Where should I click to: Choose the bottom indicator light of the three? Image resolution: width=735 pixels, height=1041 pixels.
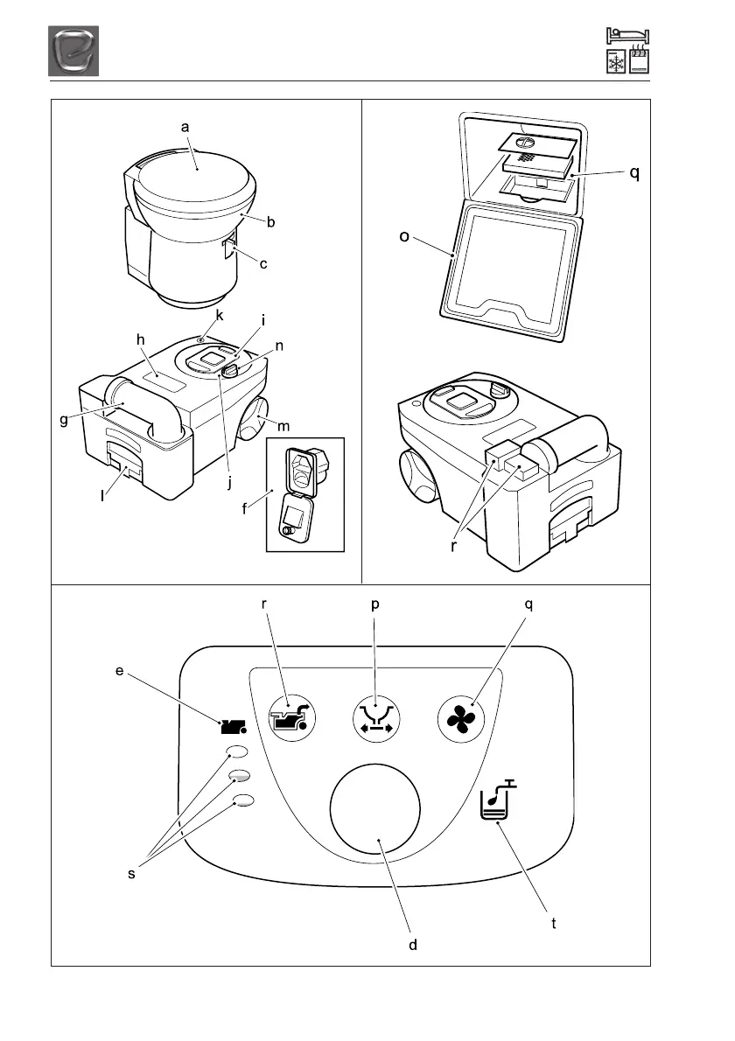[x=243, y=800]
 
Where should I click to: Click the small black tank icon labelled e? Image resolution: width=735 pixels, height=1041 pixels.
[x=232, y=726]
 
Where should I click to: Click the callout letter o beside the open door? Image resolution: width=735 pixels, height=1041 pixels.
[x=404, y=237]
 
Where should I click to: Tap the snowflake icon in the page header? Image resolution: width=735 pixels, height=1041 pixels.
[x=616, y=63]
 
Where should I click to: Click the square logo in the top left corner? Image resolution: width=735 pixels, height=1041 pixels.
[x=73, y=51]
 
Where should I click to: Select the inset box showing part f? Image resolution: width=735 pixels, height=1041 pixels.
[x=305, y=494]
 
